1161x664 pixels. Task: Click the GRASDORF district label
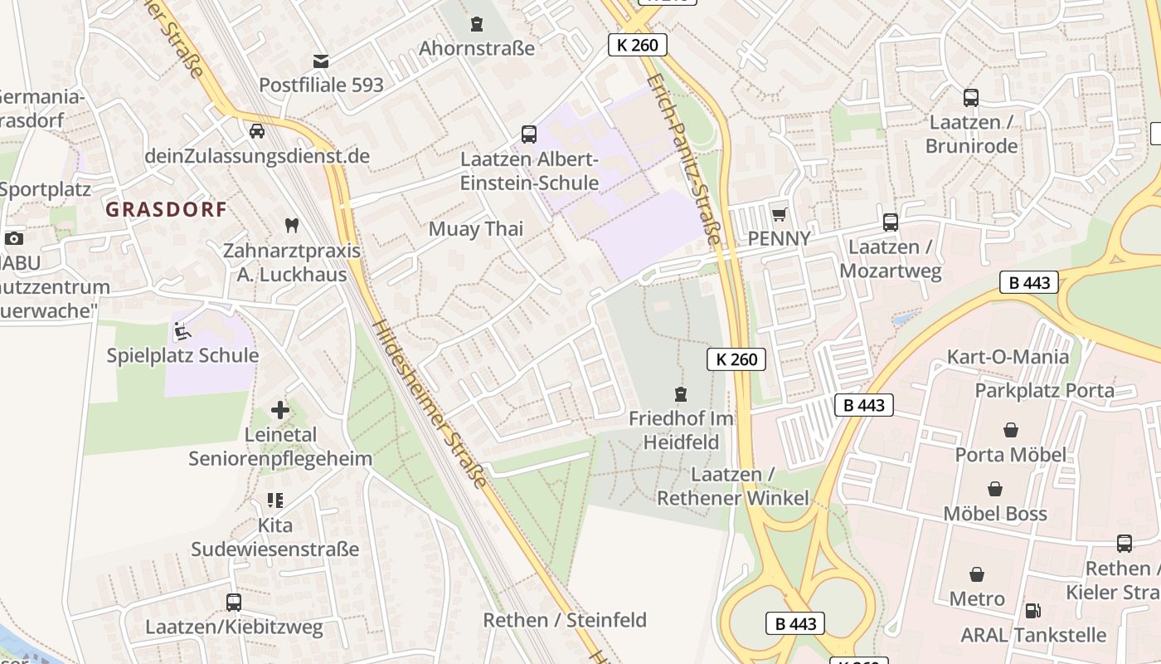pos(166,209)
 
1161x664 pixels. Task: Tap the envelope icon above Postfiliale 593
pos(320,61)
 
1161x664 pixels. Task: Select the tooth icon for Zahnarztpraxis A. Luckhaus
pos(291,224)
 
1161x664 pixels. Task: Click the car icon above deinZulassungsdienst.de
pos(257,131)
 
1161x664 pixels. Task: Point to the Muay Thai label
pos(476,229)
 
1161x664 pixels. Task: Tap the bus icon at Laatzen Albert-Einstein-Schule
pos(528,134)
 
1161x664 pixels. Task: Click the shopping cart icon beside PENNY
pos(779,215)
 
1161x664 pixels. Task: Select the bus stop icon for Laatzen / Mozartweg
pos(890,222)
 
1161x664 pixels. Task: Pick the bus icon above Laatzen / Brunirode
pos(971,98)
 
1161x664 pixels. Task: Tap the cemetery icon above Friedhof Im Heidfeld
pos(681,393)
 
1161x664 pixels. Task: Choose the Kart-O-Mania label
pos(1008,358)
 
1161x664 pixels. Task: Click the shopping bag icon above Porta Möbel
pos(1010,430)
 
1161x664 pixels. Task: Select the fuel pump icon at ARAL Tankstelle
pos(1032,610)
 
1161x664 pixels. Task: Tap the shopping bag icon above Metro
pos(977,574)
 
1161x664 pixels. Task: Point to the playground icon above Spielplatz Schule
pos(182,331)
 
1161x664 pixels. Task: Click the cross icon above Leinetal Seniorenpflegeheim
pos(280,410)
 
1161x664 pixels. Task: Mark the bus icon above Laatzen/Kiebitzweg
pos(234,603)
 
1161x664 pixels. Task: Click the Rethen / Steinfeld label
pos(565,620)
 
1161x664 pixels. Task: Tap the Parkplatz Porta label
pos(1044,390)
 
